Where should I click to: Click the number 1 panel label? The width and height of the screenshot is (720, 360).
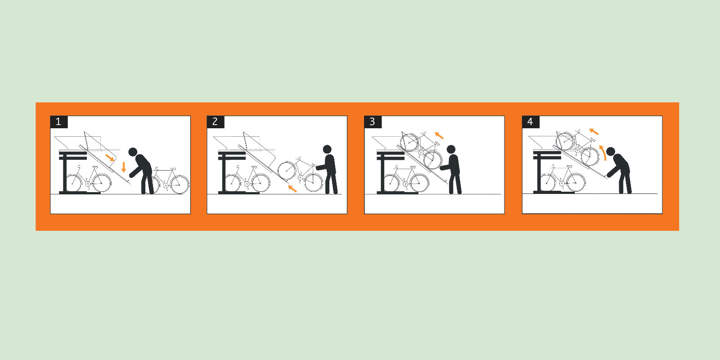(58, 121)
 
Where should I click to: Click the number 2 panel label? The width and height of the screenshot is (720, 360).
(215, 121)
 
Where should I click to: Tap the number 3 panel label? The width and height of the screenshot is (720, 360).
(372, 121)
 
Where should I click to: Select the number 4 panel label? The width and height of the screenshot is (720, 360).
(530, 121)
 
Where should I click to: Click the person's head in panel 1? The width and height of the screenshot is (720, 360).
(133, 152)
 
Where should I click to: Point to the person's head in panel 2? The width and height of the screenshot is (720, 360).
(327, 149)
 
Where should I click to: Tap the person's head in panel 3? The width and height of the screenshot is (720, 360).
(451, 150)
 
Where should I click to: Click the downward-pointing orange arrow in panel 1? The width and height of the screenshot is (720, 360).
(124, 167)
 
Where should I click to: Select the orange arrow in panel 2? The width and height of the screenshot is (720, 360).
(292, 189)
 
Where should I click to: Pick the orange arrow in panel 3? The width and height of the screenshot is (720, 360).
(439, 135)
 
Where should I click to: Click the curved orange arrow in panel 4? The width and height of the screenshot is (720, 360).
(603, 153)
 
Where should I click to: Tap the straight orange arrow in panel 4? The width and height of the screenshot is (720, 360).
(594, 131)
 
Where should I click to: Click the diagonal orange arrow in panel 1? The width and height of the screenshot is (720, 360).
(109, 157)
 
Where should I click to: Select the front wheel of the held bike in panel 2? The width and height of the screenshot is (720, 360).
(287, 170)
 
